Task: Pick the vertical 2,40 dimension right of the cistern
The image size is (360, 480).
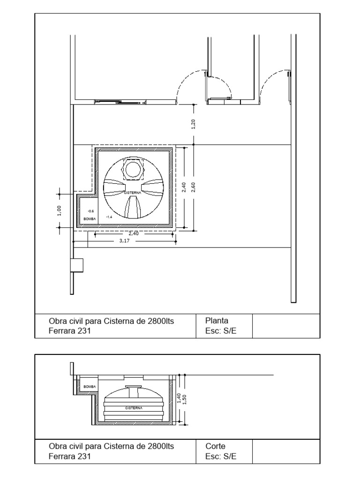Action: tap(184, 187)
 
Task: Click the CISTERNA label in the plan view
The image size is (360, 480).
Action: tap(133, 193)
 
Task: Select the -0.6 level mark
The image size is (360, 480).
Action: tap(90, 211)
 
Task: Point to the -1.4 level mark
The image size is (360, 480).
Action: tap(109, 217)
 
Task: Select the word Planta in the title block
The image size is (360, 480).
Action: tap(217, 321)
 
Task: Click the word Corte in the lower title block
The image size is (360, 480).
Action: tap(216, 447)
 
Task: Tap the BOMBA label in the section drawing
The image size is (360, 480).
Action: tap(89, 387)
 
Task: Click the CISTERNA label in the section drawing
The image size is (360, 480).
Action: tap(133, 408)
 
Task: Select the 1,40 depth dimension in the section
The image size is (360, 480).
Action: tap(179, 398)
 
